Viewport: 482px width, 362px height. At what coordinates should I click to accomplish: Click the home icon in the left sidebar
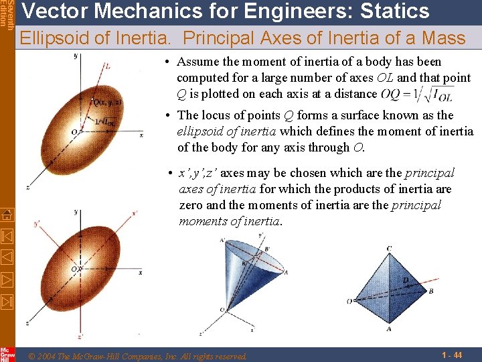pyautogui.click(x=7, y=215)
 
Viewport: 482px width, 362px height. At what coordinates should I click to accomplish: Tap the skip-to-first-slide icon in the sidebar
pyautogui.click(x=7, y=236)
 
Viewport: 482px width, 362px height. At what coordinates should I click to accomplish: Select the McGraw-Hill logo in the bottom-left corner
pyautogui.click(x=7, y=353)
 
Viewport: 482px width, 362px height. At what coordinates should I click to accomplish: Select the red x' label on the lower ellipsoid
pyautogui.click(x=135, y=213)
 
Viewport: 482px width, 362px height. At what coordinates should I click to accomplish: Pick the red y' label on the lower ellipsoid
pyautogui.click(x=37, y=224)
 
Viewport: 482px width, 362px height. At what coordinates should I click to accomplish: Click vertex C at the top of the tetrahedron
pyautogui.click(x=389, y=249)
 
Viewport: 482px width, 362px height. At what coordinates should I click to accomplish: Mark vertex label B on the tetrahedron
pyautogui.click(x=431, y=292)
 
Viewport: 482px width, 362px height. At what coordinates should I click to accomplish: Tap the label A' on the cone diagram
pyautogui.click(x=222, y=241)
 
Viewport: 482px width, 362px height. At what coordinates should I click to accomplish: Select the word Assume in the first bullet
pyautogui.click(x=198, y=62)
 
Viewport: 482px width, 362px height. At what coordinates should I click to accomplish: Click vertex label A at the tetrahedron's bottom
pyautogui.click(x=389, y=329)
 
